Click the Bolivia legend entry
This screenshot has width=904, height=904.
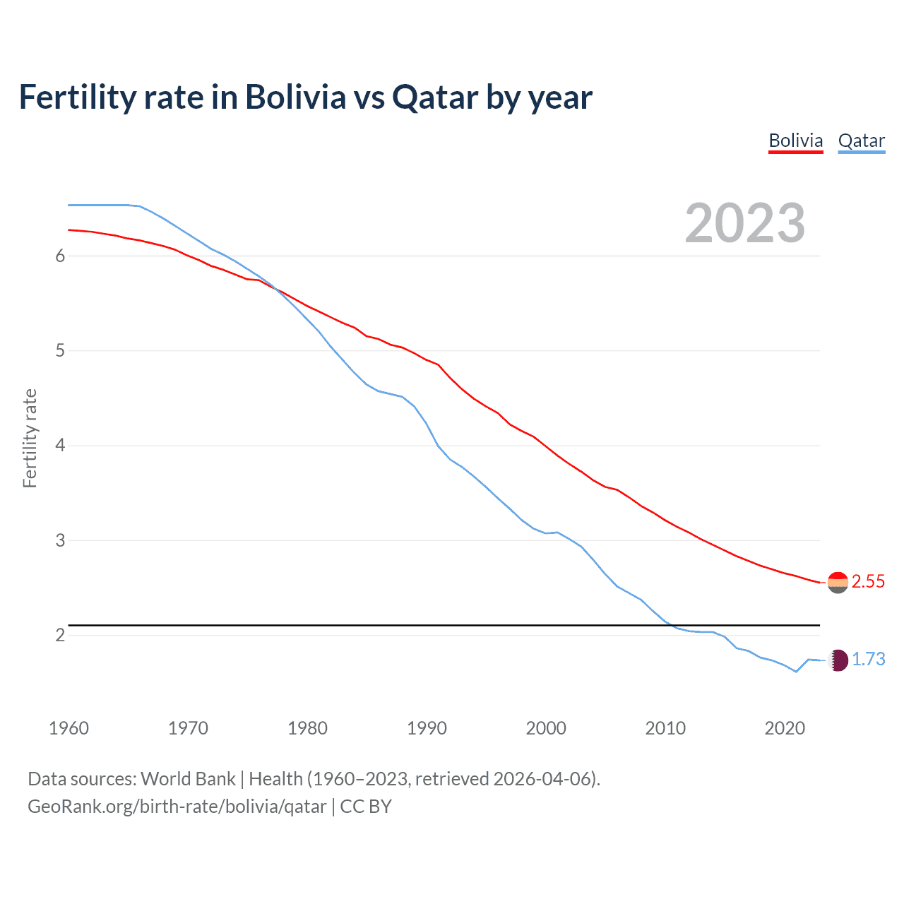click(x=796, y=141)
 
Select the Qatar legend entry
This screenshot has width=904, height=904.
click(x=862, y=141)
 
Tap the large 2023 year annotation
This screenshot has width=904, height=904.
click(x=745, y=223)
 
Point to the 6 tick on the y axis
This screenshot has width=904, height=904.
click(x=60, y=256)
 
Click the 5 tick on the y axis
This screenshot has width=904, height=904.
click(x=60, y=351)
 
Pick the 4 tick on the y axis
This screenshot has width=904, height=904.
click(x=60, y=446)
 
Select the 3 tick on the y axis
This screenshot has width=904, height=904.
click(x=60, y=540)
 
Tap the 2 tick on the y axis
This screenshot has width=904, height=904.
click(x=60, y=635)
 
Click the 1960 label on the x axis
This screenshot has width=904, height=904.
click(x=69, y=728)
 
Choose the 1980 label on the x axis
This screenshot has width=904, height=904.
click(x=307, y=728)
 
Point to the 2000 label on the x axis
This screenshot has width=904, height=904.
click(x=546, y=728)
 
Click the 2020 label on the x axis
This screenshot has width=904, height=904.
click(x=785, y=728)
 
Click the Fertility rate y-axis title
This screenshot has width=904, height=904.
click(x=30, y=438)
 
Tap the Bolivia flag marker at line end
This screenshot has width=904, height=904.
click(x=838, y=583)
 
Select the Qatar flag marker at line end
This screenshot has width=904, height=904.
click(x=838, y=660)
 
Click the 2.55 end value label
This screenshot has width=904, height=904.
click(x=868, y=581)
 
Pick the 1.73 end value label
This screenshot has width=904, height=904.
click(x=868, y=659)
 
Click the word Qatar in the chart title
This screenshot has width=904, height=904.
click(x=435, y=97)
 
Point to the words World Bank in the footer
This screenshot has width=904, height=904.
click(x=188, y=779)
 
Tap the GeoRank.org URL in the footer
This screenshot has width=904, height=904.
click(x=177, y=807)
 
